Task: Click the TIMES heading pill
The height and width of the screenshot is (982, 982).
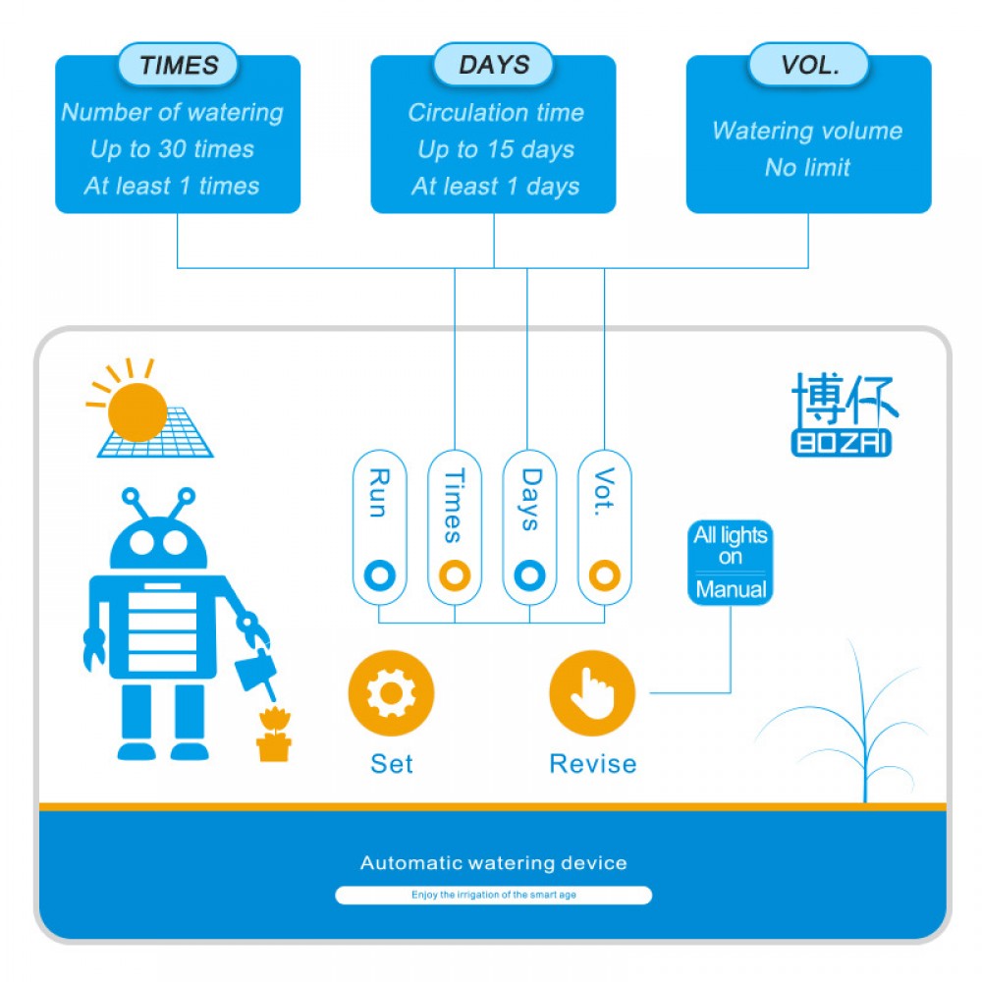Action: (x=178, y=65)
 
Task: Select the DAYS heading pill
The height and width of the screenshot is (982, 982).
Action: (x=494, y=65)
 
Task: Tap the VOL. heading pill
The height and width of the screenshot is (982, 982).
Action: (x=809, y=65)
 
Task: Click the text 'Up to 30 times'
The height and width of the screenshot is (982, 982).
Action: (x=172, y=149)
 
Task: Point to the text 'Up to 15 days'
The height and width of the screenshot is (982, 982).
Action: (x=496, y=149)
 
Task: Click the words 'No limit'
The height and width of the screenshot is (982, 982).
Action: (x=807, y=167)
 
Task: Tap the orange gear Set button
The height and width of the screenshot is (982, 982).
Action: (x=392, y=693)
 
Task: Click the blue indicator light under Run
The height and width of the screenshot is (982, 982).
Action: (x=379, y=574)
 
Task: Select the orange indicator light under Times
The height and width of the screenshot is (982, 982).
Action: (x=455, y=574)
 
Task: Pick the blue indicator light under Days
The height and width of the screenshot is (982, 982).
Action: (x=530, y=574)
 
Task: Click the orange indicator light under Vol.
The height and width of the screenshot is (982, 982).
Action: (x=604, y=574)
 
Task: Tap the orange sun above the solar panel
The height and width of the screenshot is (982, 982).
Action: (x=136, y=412)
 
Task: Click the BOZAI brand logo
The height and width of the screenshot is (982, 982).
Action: (x=844, y=414)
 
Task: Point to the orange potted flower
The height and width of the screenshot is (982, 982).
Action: (x=274, y=734)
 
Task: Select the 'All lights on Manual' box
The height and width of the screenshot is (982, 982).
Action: (x=731, y=563)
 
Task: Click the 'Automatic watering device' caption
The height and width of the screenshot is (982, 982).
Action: (x=494, y=863)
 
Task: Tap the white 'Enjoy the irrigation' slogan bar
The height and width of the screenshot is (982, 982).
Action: (x=494, y=895)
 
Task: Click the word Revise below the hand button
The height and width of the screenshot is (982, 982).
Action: (x=592, y=764)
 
